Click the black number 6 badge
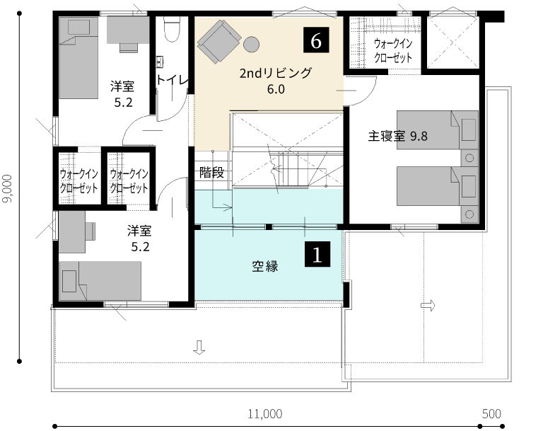pos(316,40)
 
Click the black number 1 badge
pos(317,254)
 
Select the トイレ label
pos(172,80)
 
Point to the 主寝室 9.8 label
pos(397,136)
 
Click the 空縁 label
pos(265,266)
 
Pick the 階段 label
pos(211,173)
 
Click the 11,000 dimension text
pos(265,414)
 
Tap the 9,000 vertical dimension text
pos(8,188)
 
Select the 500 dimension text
pos(491,414)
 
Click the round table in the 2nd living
pos(251,45)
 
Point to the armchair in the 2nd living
pos(219,41)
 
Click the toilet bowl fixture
pos(171,29)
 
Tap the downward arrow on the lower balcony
pos(199,347)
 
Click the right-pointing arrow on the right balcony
pos(428,306)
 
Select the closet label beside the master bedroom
pos(393,51)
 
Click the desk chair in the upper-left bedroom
pos(129,47)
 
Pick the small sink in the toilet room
pos(160,62)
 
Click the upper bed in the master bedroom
pos(438,130)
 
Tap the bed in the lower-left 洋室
pos(100,281)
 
